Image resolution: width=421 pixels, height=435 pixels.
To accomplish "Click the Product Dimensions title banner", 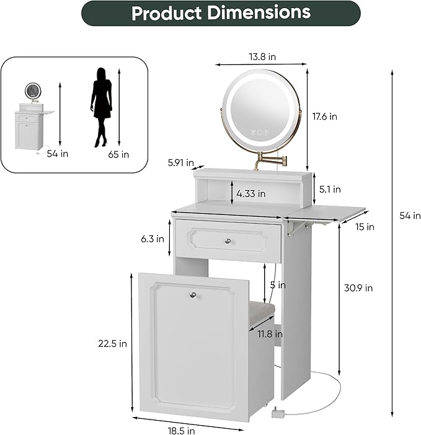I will coord(220,13).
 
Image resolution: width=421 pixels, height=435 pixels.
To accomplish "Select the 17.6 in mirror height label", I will coord(324,116).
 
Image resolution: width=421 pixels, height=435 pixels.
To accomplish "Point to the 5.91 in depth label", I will coord(180,164).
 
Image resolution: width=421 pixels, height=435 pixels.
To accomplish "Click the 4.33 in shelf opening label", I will coord(252,194).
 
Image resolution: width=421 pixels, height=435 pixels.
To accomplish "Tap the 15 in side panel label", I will coord(366,227).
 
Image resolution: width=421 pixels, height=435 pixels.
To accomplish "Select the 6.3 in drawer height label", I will coord(152,238).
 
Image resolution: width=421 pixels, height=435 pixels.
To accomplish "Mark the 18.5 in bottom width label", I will coord(181,429).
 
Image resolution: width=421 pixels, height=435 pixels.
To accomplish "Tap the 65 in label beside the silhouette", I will coord(118,154).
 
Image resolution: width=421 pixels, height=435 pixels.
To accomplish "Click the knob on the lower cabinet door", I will coord(193,296).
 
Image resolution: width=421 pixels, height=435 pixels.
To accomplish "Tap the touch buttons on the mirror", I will coord(258,131).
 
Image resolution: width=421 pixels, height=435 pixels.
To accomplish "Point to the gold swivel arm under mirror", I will coord(272,162).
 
